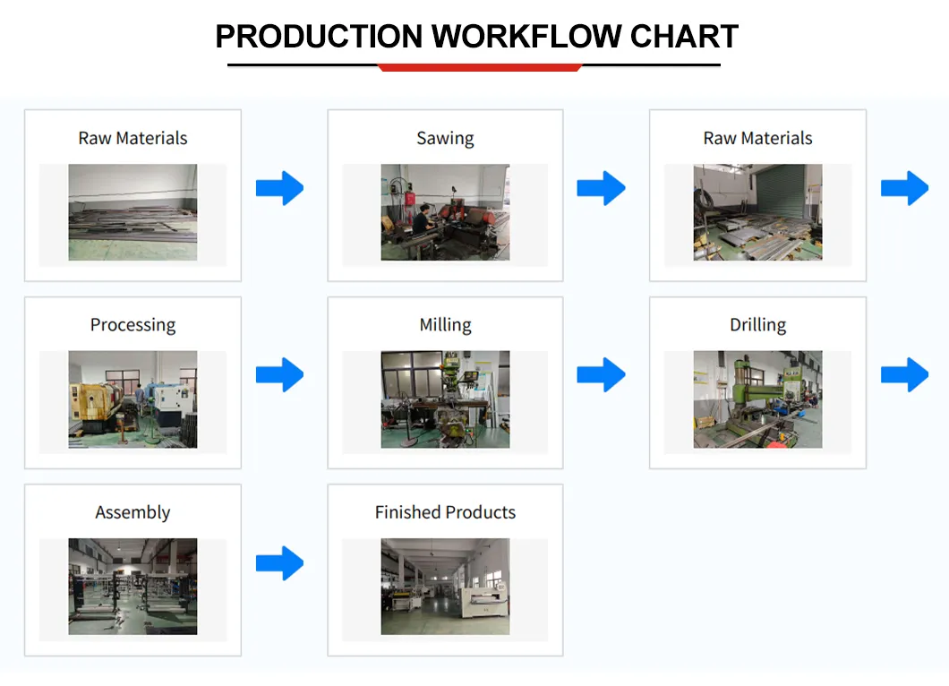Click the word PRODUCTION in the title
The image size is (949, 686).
319,37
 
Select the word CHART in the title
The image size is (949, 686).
684,37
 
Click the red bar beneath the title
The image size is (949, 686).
480,67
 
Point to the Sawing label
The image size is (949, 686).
445,138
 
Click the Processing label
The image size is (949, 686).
133,325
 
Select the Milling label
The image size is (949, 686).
445,325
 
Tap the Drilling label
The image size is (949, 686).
757,325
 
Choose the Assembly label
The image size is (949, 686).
133,512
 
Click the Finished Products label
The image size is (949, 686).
445,512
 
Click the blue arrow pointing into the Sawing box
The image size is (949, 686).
280,188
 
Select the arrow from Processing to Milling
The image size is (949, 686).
280,374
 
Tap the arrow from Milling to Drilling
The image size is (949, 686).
601,374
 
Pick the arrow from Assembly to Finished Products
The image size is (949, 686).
280,562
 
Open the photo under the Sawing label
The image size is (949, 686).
445,212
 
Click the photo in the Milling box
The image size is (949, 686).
445,399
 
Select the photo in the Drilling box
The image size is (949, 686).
757,399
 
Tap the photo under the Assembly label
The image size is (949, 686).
133,587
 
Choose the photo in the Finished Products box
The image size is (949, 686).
445,587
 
